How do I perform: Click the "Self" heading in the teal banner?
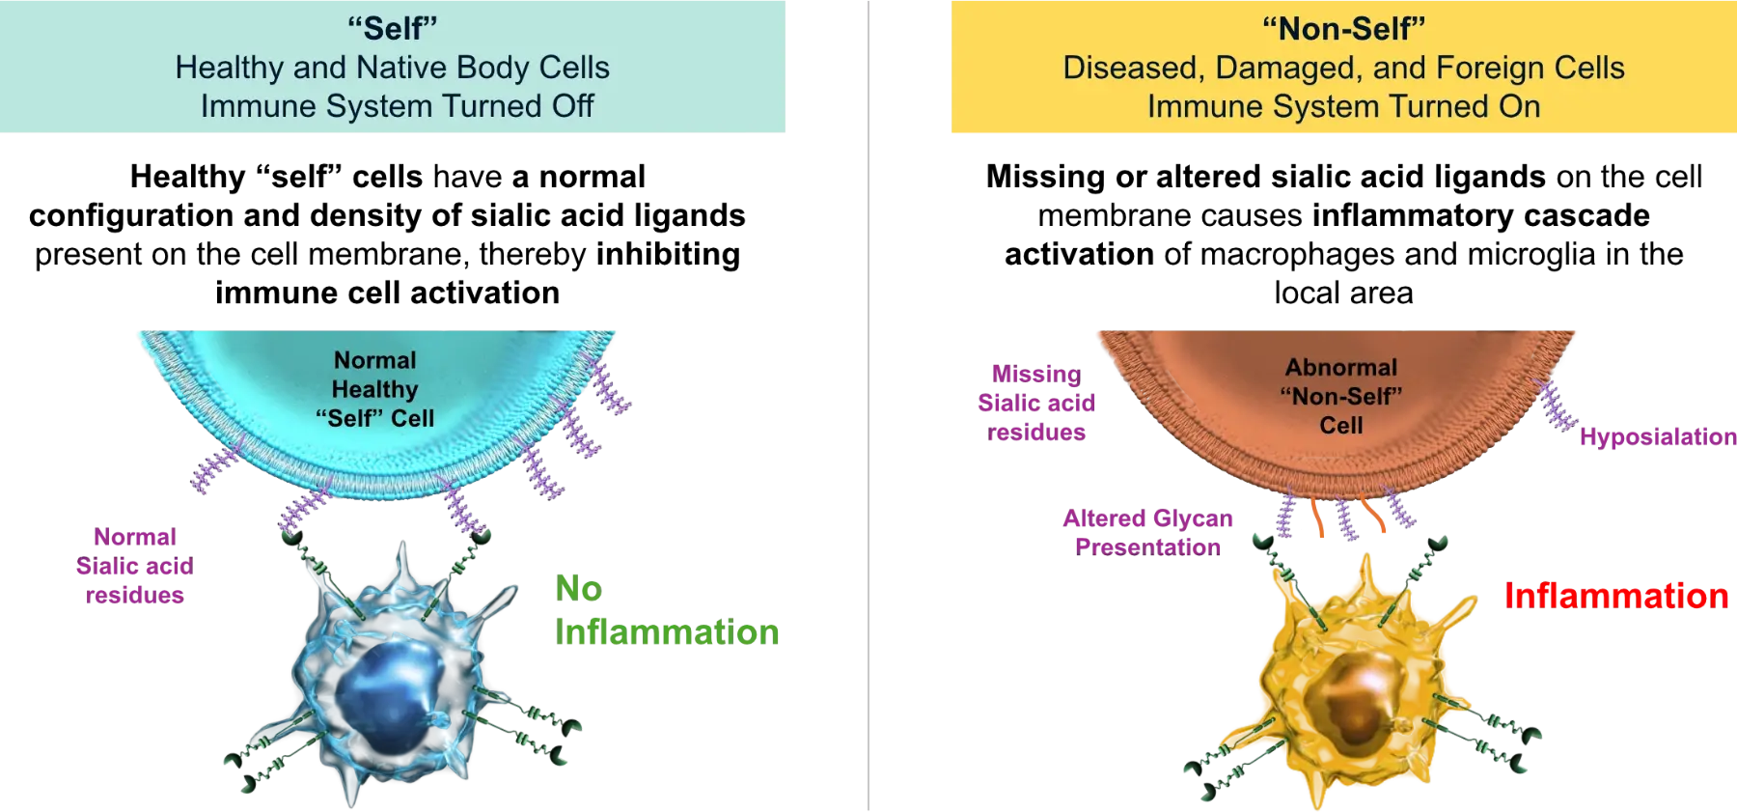point(392,28)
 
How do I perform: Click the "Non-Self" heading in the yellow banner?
point(1343,28)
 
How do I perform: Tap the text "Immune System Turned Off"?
point(397,106)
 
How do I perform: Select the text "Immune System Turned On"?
point(1343,106)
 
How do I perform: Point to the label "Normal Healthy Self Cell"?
point(374,389)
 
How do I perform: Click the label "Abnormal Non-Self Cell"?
point(1340,396)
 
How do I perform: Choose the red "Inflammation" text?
point(1616,596)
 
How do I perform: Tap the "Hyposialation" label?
point(1656,437)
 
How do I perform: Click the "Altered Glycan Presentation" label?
point(1148,532)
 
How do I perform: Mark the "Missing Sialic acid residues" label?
point(1036,404)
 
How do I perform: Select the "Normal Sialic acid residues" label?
point(134,566)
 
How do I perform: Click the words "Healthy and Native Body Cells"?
point(392,68)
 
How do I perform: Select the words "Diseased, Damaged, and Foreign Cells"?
point(1343,68)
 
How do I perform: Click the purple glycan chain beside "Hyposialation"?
point(1555,405)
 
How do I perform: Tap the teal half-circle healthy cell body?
point(289,386)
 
